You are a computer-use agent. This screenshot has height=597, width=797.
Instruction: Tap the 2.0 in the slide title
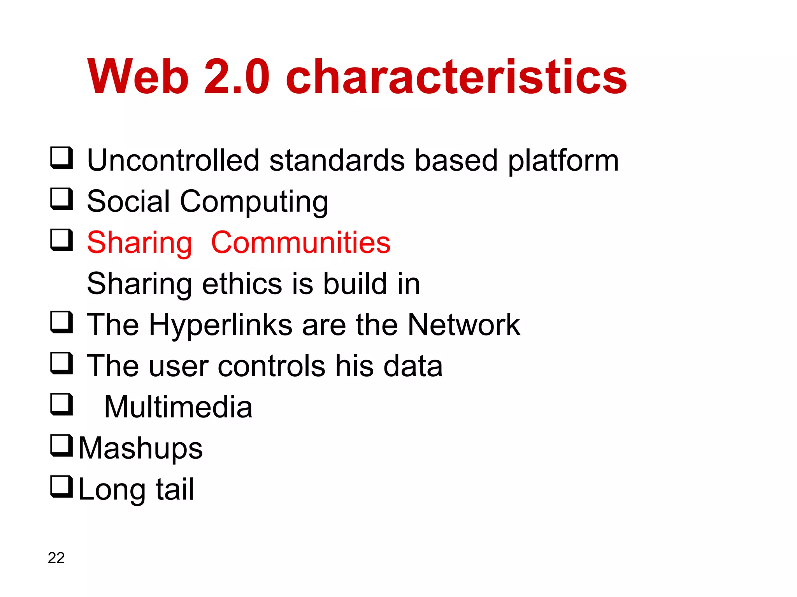coord(237,77)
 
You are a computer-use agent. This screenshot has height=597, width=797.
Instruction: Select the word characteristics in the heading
coord(456,77)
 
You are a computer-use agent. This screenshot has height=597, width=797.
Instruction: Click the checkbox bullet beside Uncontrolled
coord(61,158)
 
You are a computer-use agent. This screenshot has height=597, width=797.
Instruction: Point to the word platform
coord(563,161)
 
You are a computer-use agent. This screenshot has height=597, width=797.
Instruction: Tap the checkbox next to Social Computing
coord(61,199)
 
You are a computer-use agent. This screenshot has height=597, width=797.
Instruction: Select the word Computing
coord(254,202)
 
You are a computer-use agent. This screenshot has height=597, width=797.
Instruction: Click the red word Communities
coord(300,243)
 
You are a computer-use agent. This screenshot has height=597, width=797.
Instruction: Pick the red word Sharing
coord(139,243)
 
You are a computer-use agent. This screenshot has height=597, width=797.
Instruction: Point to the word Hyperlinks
coord(220,326)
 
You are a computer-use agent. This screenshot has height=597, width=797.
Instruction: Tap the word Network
coord(463,325)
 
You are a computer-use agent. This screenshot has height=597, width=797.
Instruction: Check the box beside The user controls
coord(61,363)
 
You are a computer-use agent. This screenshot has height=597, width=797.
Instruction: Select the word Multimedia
coord(178,407)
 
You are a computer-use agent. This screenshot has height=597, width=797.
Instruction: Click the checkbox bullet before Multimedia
coord(61,405)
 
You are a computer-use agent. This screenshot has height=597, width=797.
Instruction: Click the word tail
coord(175,489)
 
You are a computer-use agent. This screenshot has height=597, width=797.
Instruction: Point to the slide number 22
coord(56,558)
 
